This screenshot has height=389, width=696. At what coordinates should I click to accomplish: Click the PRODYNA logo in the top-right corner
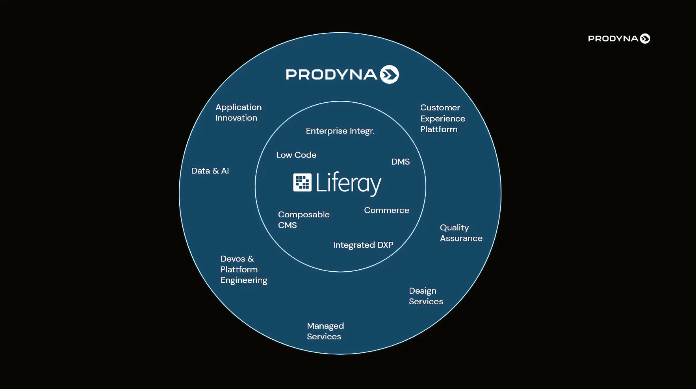618,39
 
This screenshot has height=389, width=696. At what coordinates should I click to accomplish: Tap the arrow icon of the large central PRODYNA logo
389,74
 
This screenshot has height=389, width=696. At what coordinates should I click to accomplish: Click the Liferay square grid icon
302,183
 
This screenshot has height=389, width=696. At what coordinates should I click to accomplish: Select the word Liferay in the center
348,183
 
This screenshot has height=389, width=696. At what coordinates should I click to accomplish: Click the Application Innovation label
238,113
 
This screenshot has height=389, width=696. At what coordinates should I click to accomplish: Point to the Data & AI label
210,171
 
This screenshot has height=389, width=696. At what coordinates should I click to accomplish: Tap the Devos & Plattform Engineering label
243,269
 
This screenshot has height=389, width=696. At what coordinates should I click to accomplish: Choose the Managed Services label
325,331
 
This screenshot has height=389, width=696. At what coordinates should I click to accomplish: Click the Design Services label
425,296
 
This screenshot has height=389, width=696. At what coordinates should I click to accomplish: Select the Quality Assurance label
461,233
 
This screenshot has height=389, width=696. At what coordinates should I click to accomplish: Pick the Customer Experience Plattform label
442,119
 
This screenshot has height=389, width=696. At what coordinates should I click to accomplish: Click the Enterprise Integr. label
340,131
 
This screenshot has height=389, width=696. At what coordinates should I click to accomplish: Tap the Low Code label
296,155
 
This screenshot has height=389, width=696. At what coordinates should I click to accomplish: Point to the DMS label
400,162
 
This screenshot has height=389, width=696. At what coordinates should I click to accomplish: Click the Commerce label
386,210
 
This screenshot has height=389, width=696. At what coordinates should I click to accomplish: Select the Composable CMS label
303,220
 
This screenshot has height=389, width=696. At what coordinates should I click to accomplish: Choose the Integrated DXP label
363,245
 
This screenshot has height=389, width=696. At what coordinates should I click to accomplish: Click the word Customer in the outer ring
440,107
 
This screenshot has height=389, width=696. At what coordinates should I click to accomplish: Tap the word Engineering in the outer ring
244,280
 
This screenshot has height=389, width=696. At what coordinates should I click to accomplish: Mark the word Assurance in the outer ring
461,239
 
